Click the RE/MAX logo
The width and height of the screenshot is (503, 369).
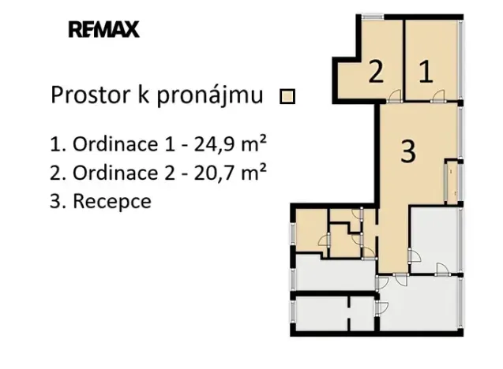[x=103, y=31]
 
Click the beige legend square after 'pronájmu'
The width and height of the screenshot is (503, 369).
[x=288, y=97]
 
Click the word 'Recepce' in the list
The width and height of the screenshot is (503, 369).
[x=112, y=200]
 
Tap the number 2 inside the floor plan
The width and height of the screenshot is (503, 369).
[x=376, y=73]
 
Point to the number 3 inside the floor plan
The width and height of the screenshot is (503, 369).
[x=407, y=151]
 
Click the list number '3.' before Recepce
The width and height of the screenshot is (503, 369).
[x=57, y=200]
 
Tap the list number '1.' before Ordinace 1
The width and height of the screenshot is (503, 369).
[x=56, y=145]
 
